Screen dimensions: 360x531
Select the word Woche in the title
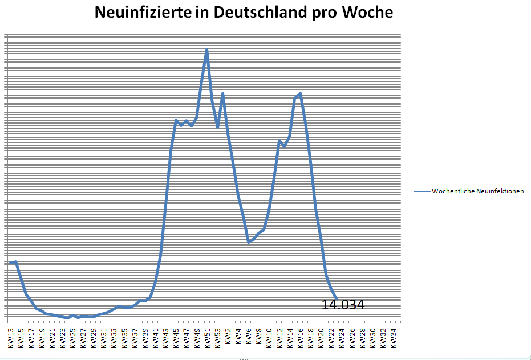tap(367, 13)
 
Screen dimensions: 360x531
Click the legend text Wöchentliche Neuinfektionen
tap(478, 191)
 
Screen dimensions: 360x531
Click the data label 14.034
tap(343, 305)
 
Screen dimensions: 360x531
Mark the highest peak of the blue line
tap(206, 50)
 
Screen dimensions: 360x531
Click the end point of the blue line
tap(336, 298)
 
